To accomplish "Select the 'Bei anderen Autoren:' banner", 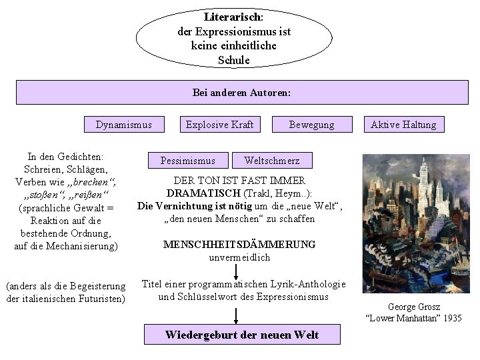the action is [x=241, y=93].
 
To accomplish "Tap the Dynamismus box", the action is [x=124, y=125].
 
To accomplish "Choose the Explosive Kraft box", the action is [x=219, y=125].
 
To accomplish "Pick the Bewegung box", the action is [x=311, y=125].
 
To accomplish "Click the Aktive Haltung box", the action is [x=403, y=125].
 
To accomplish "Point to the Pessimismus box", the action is [x=188, y=161].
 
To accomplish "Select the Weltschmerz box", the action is [x=272, y=161].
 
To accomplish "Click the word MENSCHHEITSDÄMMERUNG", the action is [x=239, y=245].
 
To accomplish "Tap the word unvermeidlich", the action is [x=239, y=257].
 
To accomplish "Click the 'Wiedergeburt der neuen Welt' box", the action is [x=242, y=335].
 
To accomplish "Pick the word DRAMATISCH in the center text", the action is [x=196, y=193].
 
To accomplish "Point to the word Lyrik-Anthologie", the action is [x=309, y=284].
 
